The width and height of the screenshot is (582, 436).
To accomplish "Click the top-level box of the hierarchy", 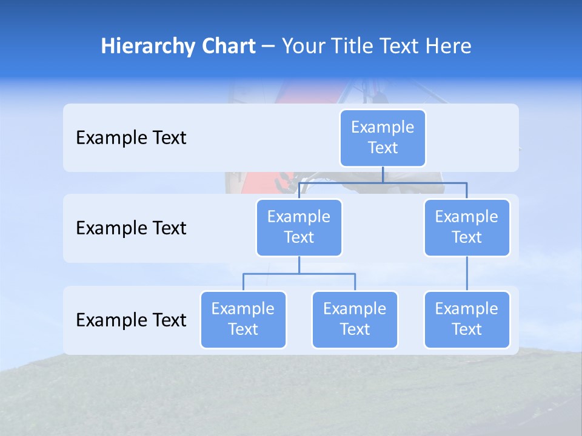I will coord(383,137).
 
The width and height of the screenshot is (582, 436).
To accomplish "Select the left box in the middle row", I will coord(299,227).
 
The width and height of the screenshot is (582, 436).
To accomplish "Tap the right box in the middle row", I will coord(467,227).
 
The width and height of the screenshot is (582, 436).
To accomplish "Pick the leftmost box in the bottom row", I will coord(243,319).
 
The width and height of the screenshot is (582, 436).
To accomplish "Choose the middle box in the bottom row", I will coord(355,319).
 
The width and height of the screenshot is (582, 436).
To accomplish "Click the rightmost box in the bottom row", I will coord(467,319).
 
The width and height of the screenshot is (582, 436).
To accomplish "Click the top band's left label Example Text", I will coord(131,138).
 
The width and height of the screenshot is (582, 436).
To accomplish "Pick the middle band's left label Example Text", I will coord(131,228).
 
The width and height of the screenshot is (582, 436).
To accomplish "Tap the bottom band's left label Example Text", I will coord(131,320).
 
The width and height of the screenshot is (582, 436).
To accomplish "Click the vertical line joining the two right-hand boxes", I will coord(467,273).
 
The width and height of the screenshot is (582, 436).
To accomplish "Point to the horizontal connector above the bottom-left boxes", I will coord(299,274).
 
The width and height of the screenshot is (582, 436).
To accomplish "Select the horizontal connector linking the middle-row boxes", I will coord(383,182).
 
